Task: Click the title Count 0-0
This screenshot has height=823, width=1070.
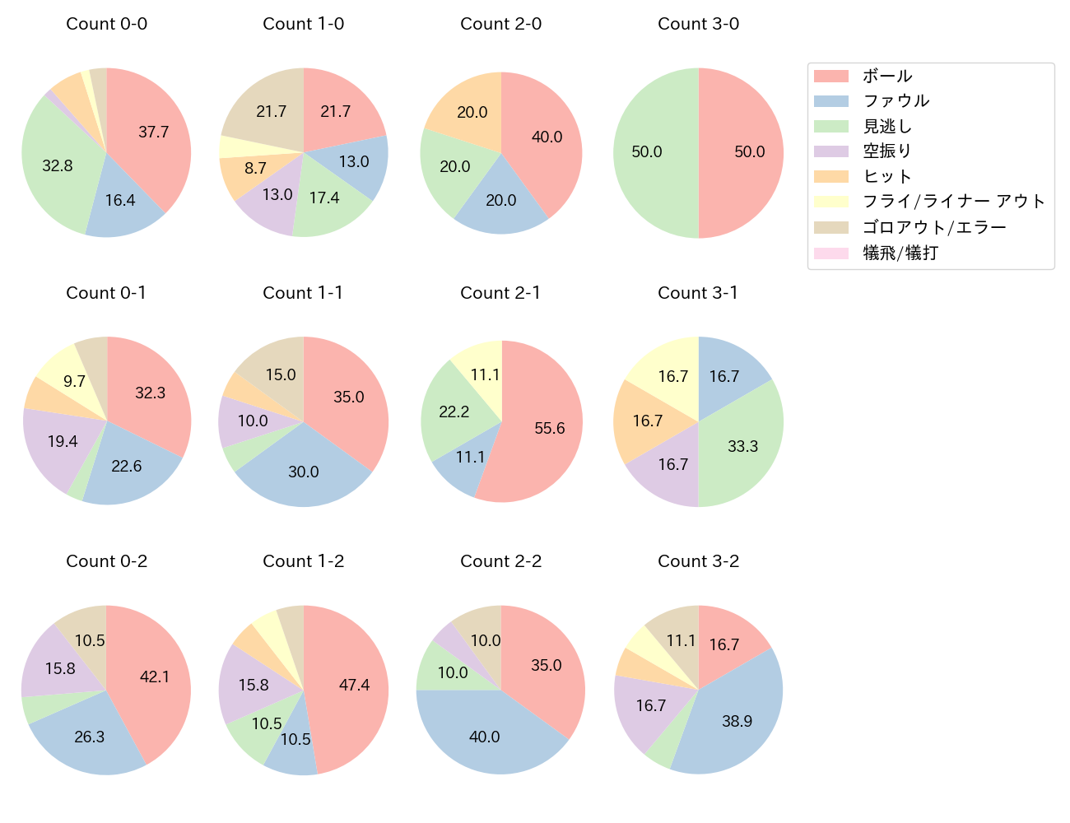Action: [x=106, y=24]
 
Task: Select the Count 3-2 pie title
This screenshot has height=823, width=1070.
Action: [x=698, y=561]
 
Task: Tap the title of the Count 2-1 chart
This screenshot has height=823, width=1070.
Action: [x=500, y=293]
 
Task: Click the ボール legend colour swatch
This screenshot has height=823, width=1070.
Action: [x=830, y=77]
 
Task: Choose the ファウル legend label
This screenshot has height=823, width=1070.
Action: [x=896, y=101]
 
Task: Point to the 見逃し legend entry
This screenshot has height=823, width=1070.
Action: [x=886, y=127]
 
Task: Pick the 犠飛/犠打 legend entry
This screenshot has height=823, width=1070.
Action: [x=900, y=253]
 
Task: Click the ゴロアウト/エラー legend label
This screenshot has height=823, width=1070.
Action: [x=934, y=228]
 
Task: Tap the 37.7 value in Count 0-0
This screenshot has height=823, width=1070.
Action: [x=154, y=132]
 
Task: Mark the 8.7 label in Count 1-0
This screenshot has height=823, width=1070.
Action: [x=255, y=168]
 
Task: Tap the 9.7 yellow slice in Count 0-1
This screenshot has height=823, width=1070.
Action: [x=74, y=381]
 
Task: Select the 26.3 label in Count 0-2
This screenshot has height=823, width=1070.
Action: [x=89, y=737]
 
